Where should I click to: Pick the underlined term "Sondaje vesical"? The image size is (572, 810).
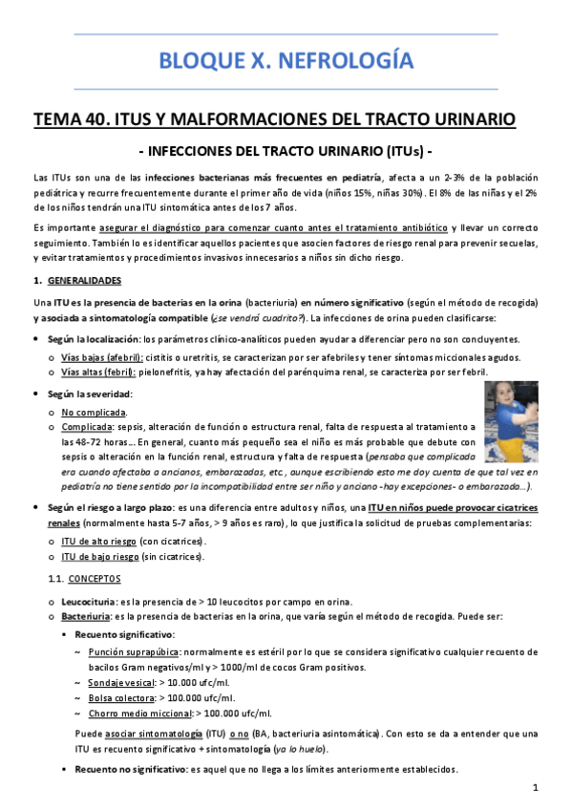coord(118,683)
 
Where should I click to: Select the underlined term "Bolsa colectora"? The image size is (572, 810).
coord(119,698)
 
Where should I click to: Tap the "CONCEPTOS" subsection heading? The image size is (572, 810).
coord(94,579)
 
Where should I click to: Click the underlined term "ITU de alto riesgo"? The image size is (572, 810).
coord(99,540)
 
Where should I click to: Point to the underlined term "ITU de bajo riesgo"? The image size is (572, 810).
coord(99,556)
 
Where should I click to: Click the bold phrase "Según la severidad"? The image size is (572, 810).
coord(91,394)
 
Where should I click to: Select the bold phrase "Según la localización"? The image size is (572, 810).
coord(95,339)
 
